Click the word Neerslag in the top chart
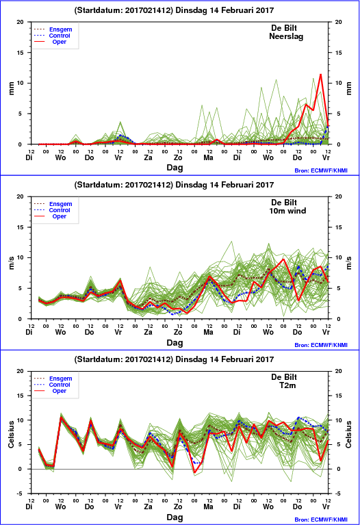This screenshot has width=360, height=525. click(x=286, y=36)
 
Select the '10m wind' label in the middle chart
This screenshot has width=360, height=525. click(x=287, y=211)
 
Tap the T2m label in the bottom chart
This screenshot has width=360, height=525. click(x=287, y=385)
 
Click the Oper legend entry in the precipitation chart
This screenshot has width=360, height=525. click(x=60, y=42)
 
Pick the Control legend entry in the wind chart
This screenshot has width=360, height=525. click(x=60, y=210)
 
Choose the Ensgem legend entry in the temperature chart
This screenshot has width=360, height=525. click(x=61, y=379)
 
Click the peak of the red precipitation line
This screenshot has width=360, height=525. click(x=320, y=75)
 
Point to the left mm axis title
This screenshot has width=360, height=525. click(x=12, y=88)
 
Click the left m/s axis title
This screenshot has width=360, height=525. click(x=12, y=263)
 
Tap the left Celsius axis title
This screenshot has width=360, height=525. click(x=12, y=434)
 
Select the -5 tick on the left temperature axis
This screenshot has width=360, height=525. click(x=20, y=494)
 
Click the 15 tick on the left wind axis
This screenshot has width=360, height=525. click(x=20, y=227)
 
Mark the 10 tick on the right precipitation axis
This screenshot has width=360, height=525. click(x=338, y=83)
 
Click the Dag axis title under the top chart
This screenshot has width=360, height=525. click(x=175, y=168)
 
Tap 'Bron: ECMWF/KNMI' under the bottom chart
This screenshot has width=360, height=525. click(x=321, y=520)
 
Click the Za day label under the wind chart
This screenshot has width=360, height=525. click(x=148, y=332)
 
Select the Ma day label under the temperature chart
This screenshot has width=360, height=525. click(x=208, y=507)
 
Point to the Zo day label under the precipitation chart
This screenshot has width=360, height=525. click(x=178, y=157)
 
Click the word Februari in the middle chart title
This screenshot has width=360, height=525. click(x=235, y=185)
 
